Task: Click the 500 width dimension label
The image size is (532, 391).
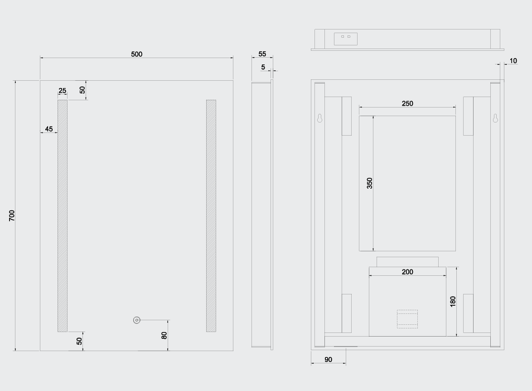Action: [136, 54]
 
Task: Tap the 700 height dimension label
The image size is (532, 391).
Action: [12, 215]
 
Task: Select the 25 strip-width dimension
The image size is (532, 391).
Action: [62, 91]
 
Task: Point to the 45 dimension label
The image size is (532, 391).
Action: [48, 129]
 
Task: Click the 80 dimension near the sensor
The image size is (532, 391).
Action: [164, 335]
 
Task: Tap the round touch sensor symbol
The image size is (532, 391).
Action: [137, 320]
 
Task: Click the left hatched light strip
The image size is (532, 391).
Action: [63, 215]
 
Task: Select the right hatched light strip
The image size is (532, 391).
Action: [211, 215]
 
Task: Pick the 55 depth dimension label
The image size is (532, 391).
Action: [262, 54]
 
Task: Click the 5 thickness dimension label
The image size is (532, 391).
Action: [263, 67]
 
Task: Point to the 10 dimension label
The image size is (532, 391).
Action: [513, 61]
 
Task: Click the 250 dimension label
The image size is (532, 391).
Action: [407, 103]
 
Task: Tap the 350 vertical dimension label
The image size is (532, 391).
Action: [369, 183]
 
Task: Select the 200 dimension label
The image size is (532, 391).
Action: [407, 272]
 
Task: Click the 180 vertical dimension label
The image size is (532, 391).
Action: [453, 301]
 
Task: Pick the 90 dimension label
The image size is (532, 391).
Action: [328, 359]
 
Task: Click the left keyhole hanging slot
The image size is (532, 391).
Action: [319, 118]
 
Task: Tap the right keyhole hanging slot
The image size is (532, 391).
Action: [495, 118]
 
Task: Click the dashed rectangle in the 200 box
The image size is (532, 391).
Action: [407, 318]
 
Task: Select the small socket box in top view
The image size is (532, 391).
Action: [346, 39]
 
